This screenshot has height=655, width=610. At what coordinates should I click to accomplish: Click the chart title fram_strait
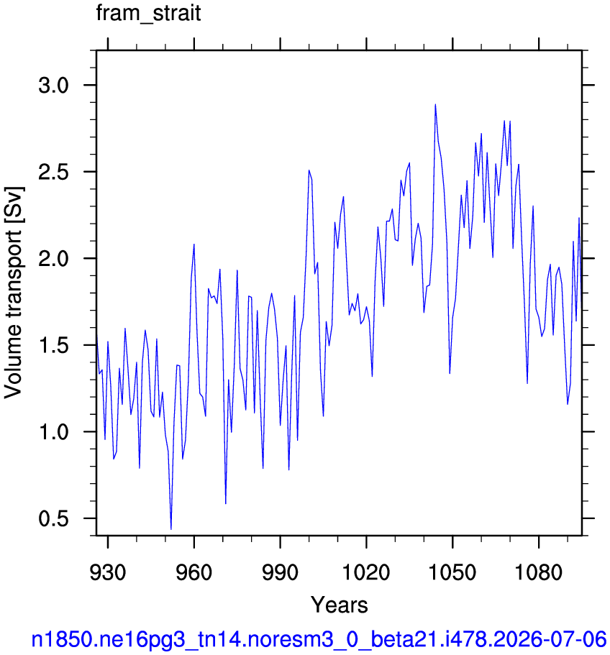tap(148, 13)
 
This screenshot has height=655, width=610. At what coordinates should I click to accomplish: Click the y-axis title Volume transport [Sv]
tap(14, 293)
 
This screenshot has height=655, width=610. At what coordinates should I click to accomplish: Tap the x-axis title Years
tap(340, 605)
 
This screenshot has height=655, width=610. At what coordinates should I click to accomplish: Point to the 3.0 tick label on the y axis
tap(53, 86)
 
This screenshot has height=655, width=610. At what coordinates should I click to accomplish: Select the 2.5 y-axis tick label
tap(53, 172)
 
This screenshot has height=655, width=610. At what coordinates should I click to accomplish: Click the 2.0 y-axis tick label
tap(53, 259)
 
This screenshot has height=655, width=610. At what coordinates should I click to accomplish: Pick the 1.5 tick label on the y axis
tap(53, 345)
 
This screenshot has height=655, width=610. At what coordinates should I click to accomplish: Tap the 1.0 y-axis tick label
tap(53, 432)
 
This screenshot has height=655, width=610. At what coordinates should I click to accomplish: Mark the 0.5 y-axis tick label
tap(53, 518)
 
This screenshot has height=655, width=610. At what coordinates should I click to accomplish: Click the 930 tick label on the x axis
tap(108, 572)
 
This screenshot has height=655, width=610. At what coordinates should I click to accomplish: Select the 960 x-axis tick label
tap(194, 572)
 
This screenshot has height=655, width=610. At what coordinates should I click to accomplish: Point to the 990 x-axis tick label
tap(280, 572)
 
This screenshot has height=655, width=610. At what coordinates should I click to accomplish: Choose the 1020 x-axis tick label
tap(366, 572)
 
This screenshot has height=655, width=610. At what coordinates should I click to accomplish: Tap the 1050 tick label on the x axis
tap(452, 572)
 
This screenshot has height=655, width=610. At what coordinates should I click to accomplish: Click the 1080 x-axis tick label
tap(539, 572)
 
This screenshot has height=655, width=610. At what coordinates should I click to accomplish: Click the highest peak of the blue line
tap(435, 104)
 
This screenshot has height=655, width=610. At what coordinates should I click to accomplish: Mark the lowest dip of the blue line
tap(171, 529)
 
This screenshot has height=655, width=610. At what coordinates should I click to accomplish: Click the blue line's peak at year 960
tap(194, 244)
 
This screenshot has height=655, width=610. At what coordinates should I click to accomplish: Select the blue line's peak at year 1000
tap(309, 170)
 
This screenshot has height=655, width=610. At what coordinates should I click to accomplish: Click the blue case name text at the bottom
tap(319, 640)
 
